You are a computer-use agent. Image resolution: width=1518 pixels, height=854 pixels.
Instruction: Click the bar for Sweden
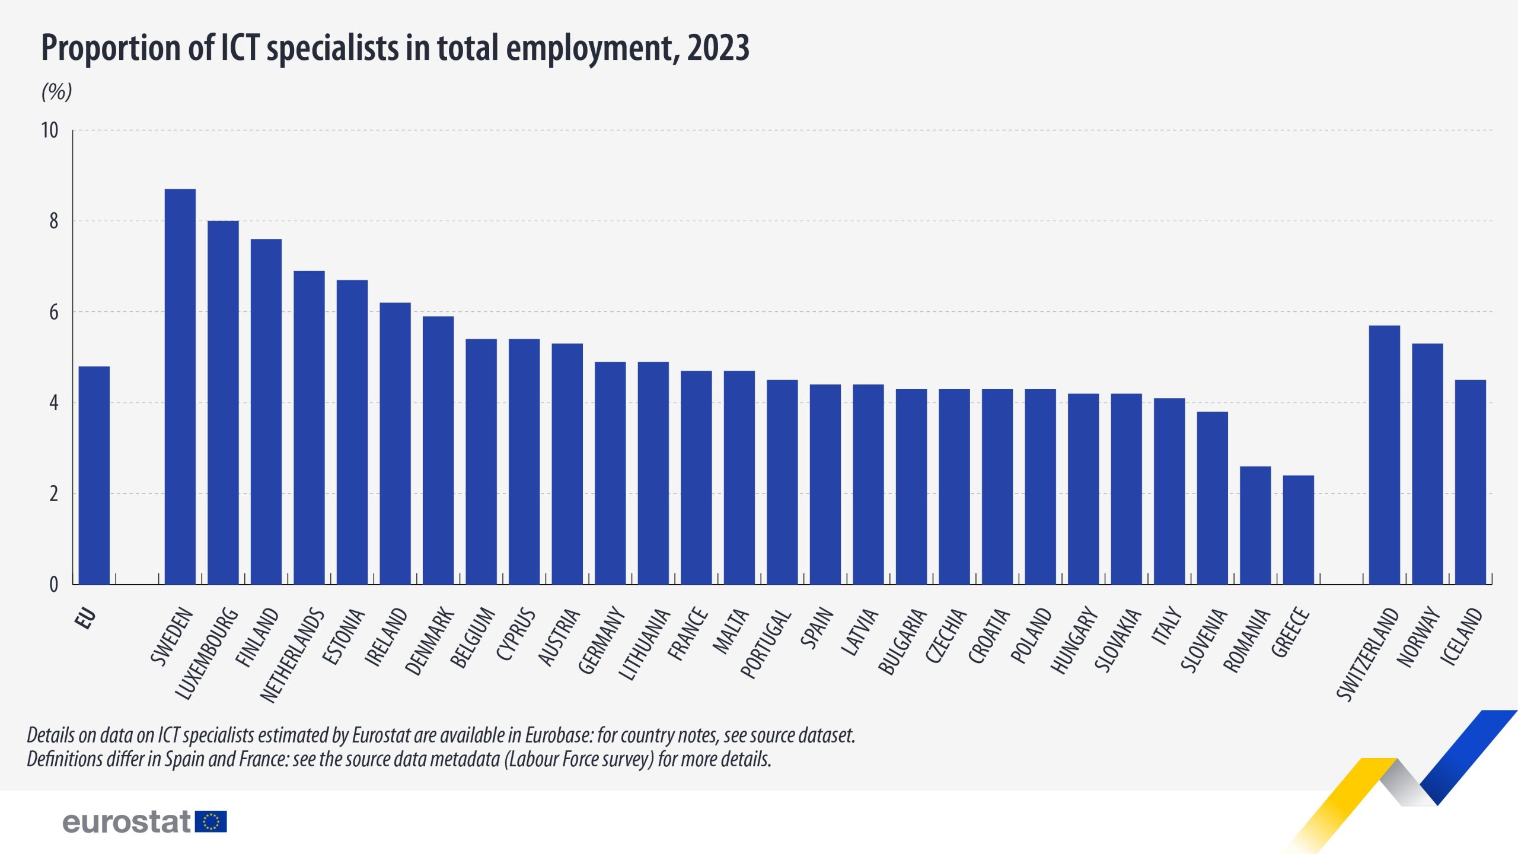(180, 387)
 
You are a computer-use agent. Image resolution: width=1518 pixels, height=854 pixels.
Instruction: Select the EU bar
(94, 475)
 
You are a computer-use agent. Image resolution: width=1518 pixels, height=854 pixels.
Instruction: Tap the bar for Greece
(1298, 530)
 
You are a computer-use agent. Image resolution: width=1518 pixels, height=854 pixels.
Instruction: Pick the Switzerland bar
(1384, 455)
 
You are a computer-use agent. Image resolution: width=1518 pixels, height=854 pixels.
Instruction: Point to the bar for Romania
(1255, 525)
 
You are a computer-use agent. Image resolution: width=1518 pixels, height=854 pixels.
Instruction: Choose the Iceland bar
(1470, 482)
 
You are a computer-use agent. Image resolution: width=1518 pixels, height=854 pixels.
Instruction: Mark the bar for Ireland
(395, 444)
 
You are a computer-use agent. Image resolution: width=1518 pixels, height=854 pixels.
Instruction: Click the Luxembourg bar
(223, 402)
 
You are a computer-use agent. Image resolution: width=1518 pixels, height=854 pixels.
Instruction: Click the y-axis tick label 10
(50, 130)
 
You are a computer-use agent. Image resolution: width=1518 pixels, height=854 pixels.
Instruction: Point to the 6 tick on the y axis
(53, 313)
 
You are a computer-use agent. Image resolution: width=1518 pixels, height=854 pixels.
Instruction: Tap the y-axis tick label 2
(53, 494)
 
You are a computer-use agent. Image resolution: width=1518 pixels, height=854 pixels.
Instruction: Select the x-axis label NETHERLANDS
(293, 655)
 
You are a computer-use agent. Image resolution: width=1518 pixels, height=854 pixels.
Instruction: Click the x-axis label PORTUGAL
(766, 643)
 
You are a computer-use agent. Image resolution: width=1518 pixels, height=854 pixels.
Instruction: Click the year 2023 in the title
(718, 48)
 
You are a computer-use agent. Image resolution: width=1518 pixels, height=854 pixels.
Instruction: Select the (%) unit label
(56, 92)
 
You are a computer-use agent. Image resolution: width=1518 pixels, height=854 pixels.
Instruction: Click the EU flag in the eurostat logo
(211, 821)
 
